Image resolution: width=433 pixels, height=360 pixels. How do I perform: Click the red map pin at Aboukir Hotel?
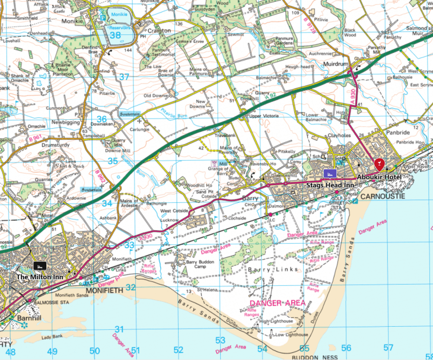[x=379, y=165]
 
